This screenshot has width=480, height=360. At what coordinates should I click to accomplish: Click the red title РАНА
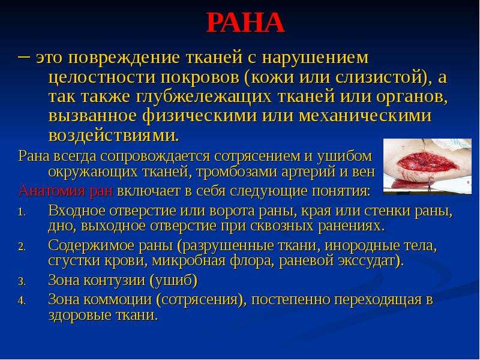(x=245, y=23)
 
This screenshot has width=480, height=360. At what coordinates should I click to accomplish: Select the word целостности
(x=102, y=77)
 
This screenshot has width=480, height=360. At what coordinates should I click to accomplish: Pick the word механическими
(x=365, y=116)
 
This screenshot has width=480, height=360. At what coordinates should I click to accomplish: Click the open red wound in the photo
(x=428, y=162)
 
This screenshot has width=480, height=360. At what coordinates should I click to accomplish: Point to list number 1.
(x=21, y=212)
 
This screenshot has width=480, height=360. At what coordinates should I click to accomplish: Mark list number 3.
(x=22, y=282)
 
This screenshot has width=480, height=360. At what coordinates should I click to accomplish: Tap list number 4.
(x=22, y=301)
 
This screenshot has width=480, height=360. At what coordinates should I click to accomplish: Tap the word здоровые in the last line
(x=79, y=316)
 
